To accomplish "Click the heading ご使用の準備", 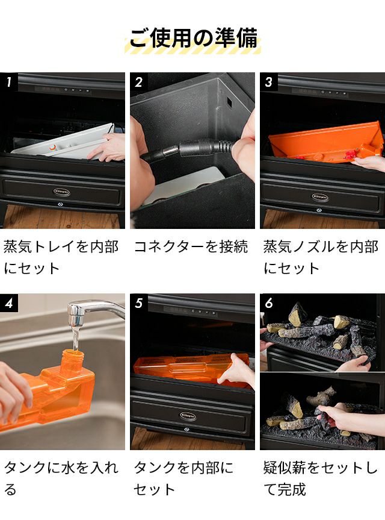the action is pos(193,38).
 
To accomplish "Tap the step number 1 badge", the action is pos(9,81).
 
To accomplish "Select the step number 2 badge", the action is pos(139,81).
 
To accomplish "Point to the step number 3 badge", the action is pos(269,81).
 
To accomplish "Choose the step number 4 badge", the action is pos(9,302).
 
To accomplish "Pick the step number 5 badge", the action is pos(139,302).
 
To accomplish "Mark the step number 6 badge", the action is pos(269,302).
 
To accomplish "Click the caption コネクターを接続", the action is pos(191,246).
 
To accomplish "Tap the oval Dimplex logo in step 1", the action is pos(61,192).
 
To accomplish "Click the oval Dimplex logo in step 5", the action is pos(188,416).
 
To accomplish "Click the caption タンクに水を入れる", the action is pos(61,478).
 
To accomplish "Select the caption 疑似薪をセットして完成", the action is pos(321,478).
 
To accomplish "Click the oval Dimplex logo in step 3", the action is pos(320,197).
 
